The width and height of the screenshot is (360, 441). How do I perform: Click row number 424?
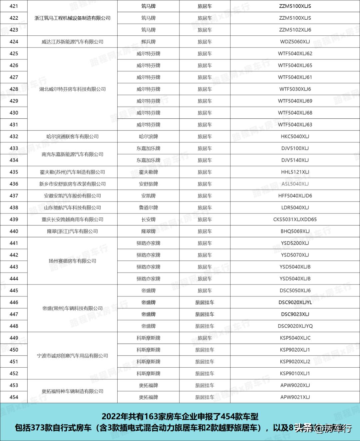[x=14, y=42]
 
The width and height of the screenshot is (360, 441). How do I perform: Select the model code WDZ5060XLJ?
[x=295, y=42]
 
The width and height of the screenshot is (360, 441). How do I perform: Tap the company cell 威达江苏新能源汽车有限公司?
[x=72, y=42]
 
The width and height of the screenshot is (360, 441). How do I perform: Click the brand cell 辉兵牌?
[x=148, y=42]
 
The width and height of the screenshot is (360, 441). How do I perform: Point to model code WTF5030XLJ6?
[x=295, y=89]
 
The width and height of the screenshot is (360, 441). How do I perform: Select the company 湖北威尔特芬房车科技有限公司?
[x=72, y=89]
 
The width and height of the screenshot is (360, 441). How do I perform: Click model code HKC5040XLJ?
[x=295, y=136]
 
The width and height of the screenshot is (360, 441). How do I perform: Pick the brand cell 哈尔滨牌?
[x=148, y=136]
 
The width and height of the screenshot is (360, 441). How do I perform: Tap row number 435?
[x=14, y=172]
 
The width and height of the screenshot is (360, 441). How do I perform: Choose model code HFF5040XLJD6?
[x=295, y=196]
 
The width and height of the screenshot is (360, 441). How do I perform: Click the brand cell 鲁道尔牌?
[x=148, y=207]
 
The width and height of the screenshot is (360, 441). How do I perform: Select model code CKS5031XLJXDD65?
[x=295, y=219]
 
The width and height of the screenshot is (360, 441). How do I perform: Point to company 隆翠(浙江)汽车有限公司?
[x=72, y=231]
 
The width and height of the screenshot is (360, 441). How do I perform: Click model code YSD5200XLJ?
[x=295, y=243]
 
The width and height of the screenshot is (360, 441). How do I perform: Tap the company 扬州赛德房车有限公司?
[x=72, y=261]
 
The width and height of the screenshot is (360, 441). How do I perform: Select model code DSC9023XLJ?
[x=295, y=314]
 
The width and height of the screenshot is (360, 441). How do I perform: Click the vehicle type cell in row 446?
[x=205, y=303]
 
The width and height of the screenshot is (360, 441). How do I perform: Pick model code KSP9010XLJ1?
[x=295, y=374]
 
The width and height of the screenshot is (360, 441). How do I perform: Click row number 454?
[x=14, y=397]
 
